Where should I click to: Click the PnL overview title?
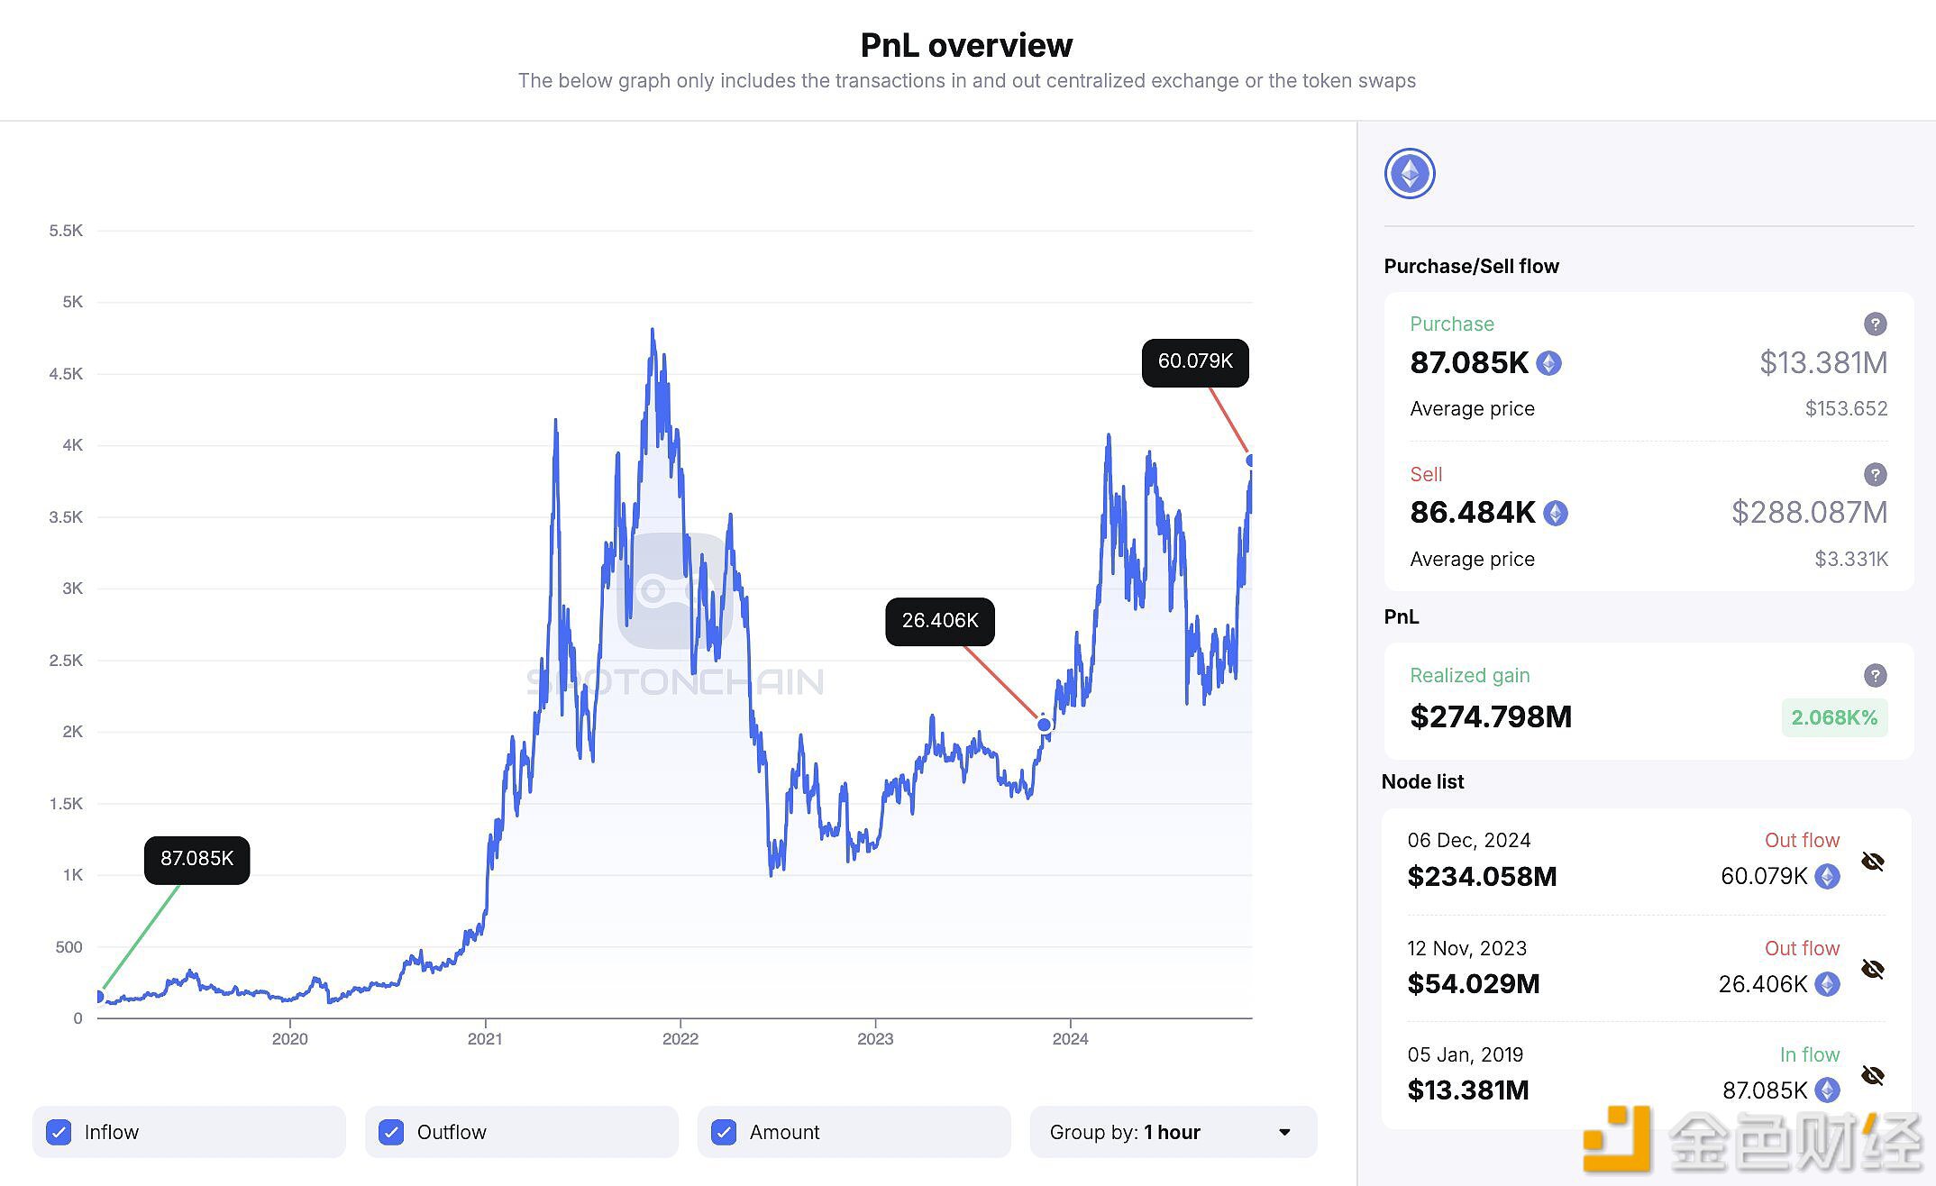(966, 45)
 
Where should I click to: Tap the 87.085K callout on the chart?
(196, 859)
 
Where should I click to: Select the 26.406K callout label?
(940, 621)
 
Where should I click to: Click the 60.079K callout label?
(1195, 361)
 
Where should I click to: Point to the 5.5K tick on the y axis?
(66, 231)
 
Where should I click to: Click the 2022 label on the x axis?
(680, 1039)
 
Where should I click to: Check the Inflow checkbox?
(59, 1132)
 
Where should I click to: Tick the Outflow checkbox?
(391, 1132)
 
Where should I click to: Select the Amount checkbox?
(724, 1132)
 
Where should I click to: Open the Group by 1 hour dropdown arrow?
(1284, 1132)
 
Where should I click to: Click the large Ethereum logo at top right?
(1410, 174)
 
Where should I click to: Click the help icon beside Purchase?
(1875, 324)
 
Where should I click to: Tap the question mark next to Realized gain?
(1875, 675)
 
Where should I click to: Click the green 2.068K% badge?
(1834, 717)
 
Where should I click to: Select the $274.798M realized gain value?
(1491, 716)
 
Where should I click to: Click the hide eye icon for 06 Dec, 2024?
(1873, 862)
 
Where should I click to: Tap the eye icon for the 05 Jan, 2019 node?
(1873, 1075)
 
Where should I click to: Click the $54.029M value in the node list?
(1474, 983)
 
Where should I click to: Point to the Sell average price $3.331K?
(1850, 559)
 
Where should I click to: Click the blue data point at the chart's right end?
(1251, 461)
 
